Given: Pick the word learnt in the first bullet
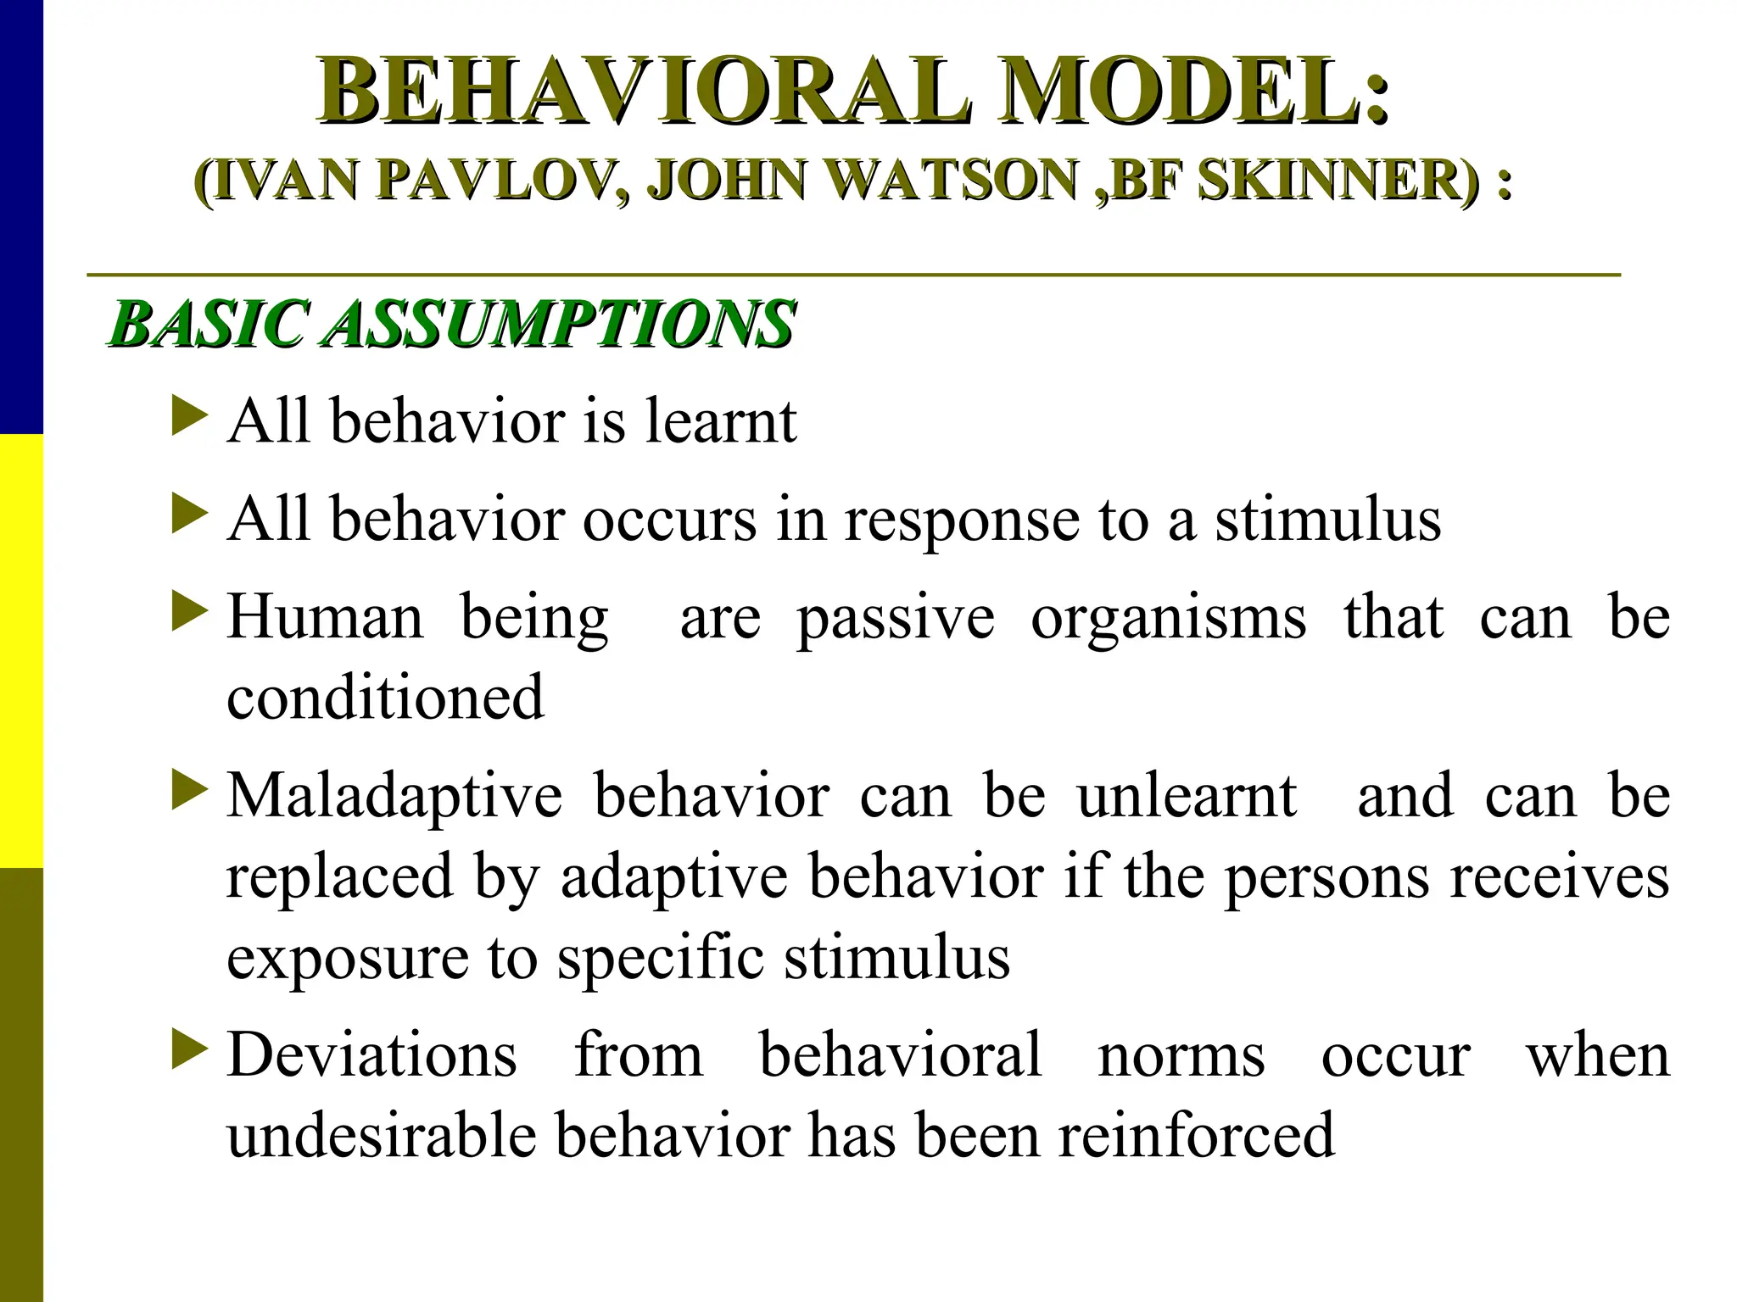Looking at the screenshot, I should (x=720, y=420).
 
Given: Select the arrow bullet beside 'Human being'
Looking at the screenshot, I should (x=189, y=612).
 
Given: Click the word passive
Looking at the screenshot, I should (x=896, y=618).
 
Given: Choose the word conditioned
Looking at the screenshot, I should (x=385, y=697).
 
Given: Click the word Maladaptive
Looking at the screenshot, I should (x=394, y=797).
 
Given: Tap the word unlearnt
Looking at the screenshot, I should (x=1187, y=797).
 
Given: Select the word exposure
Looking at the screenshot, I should (x=348, y=958).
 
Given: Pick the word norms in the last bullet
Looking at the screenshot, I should (x=1181, y=1055).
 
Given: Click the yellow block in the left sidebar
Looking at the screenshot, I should (x=21, y=651).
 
